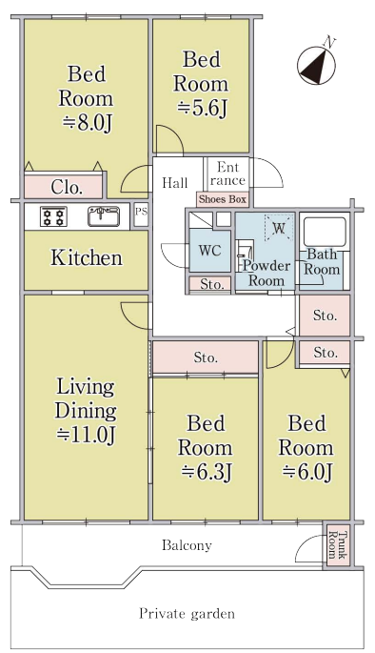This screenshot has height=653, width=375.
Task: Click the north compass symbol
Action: pos(316,66)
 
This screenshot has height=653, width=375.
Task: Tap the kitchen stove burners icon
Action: pos(53,216)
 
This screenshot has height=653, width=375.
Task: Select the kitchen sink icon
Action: pos(104,216)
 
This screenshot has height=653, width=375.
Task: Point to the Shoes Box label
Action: pos(223,199)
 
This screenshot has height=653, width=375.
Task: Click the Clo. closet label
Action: pos(67,188)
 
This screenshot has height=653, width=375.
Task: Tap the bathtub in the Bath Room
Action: pos(325,231)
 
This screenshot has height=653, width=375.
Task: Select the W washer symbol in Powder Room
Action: pos(279,228)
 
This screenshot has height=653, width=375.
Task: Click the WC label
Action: pos(209,251)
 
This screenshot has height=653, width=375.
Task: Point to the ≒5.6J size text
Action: pos(202,109)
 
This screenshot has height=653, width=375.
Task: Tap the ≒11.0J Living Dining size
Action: pos(86,435)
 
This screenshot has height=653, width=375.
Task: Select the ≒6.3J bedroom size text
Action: pos(206,472)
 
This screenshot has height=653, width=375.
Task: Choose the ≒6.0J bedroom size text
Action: pos(306,472)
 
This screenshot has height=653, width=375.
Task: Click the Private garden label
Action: pos(187,613)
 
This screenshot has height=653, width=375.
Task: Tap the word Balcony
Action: pos(187,545)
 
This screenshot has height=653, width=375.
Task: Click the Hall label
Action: pos(174,183)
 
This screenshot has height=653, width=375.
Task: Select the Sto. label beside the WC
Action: pos(209,284)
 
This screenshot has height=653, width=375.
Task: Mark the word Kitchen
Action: pos(87,257)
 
